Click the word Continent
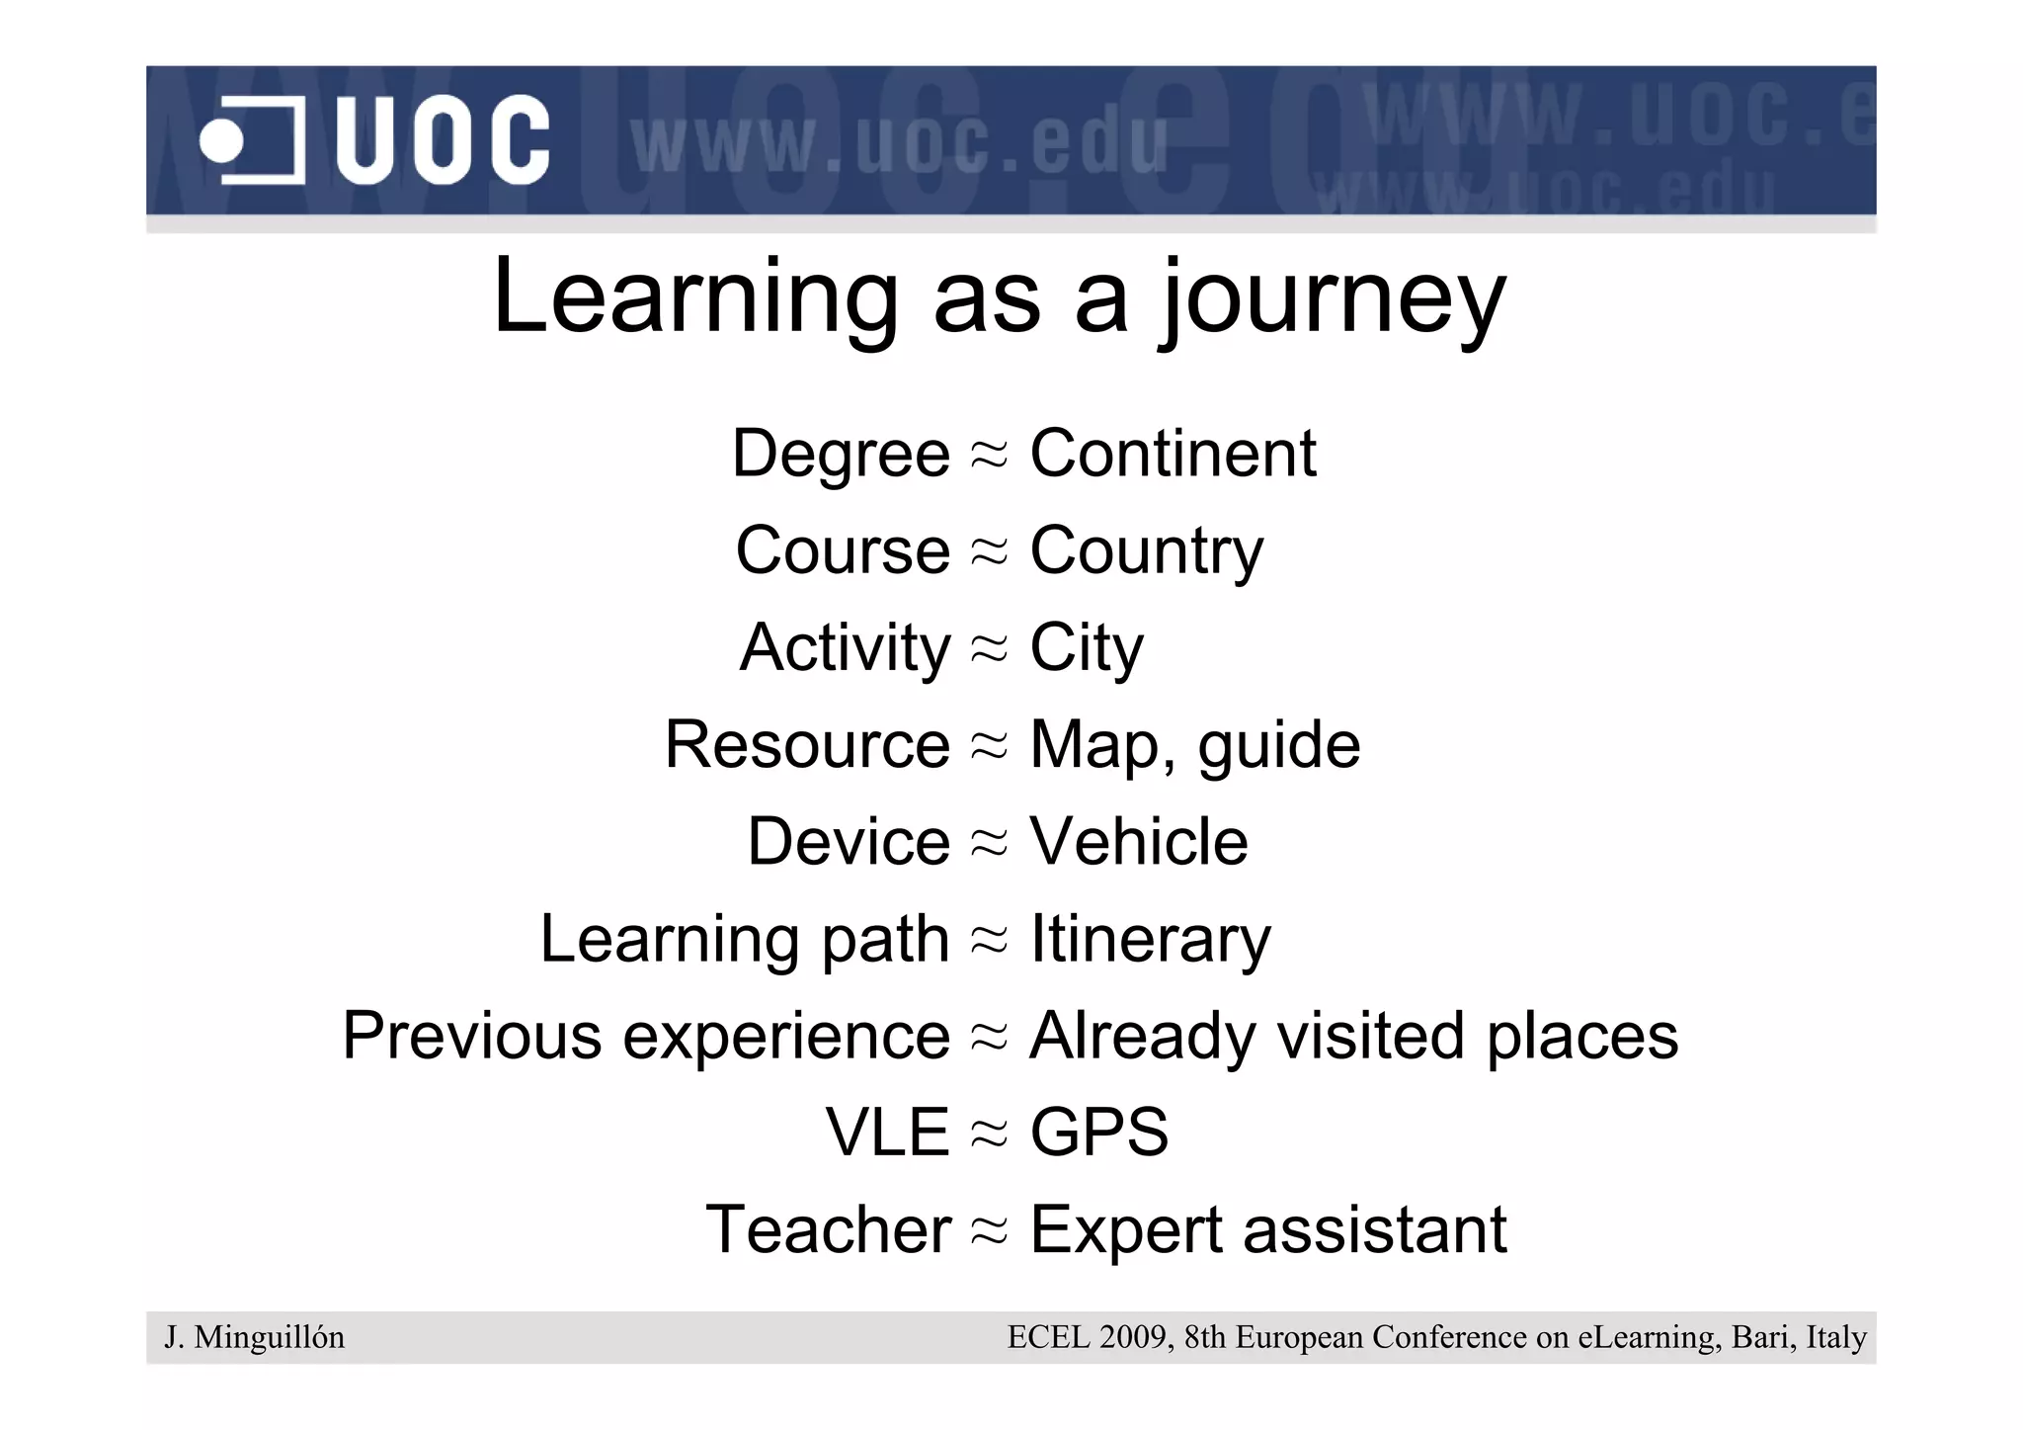tap(1173, 454)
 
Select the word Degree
tap(841, 455)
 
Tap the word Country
tap(1146, 551)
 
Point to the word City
tap(1086, 648)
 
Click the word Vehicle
tap(1139, 842)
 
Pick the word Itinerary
tap(1150, 939)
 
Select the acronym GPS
tap(1098, 1133)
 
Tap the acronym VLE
tap(887, 1133)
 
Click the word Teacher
tap(829, 1229)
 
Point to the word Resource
tap(807, 744)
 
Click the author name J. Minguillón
tap(255, 1337)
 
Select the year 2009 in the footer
tap(1133, 1337)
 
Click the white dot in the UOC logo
tap(221, 141)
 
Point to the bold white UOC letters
tap(442, 140)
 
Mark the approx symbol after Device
tap(989, 842)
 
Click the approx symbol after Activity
tap(989, 648)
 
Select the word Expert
tap(1126, 1230)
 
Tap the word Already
tap(1142, 1037)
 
